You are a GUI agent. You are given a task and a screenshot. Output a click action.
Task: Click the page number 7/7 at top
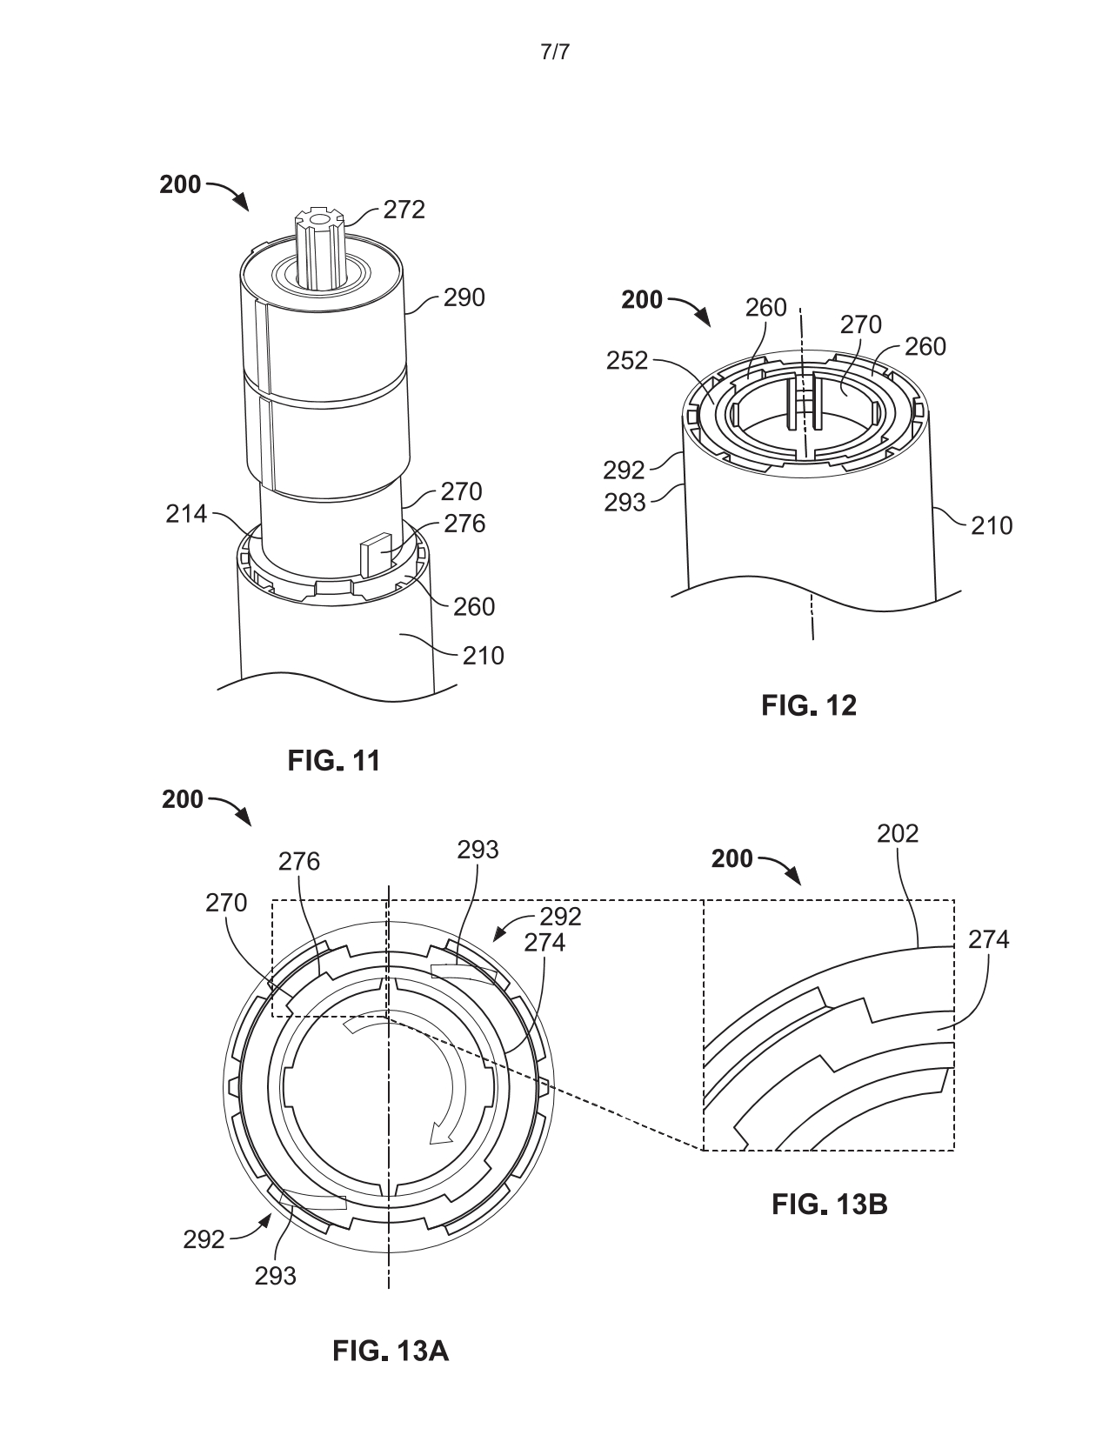pos(555,52)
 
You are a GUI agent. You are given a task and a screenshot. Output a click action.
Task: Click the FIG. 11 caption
pos(333,761)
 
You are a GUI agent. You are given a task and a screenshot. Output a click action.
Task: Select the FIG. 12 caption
pos(808,705)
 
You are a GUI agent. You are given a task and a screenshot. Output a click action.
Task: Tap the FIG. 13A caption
pos(391,1352)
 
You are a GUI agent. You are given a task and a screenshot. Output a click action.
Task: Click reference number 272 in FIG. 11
pos(404,210)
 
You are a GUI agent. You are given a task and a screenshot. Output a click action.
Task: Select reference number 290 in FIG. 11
pos(464,297)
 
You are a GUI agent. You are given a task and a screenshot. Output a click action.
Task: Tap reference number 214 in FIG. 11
pos(186,514)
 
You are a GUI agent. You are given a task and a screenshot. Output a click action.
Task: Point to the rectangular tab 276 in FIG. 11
pos(375,553)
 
